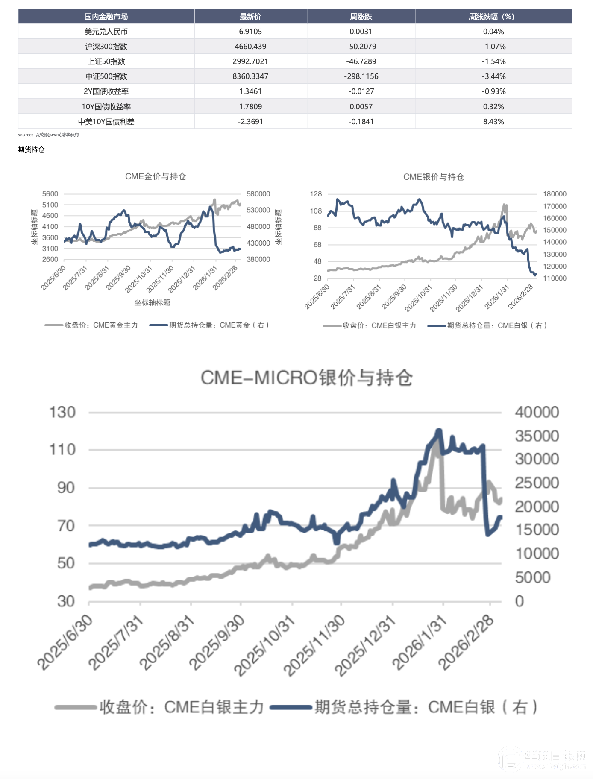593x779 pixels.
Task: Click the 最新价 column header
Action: coord(250,17)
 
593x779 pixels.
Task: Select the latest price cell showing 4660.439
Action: coord(250,47)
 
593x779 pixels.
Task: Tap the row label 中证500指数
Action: coord(106,76)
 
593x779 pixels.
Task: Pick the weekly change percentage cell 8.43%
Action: coord(493,122)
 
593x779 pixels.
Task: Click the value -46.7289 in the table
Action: coord(361,61)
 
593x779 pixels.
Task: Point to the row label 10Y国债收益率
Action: coord(106,107)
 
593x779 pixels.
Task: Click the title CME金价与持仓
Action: coord(156,176)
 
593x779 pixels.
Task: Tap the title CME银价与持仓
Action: coord(433,177)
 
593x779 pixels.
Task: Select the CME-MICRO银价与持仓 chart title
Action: coord(306,378)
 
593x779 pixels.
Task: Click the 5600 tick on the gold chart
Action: coord(50,194)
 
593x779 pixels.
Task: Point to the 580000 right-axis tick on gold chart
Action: coord(258,194)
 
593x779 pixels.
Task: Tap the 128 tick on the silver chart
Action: coord(316,194)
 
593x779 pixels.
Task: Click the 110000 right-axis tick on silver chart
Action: coord(555,278)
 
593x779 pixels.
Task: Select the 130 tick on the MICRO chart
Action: coord(62,412)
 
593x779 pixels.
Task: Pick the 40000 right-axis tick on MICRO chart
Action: coord(537,412)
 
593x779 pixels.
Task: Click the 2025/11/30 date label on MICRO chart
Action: coord(314,646)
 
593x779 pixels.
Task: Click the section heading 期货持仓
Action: coord(31,149)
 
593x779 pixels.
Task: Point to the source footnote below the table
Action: coord(48,135)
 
